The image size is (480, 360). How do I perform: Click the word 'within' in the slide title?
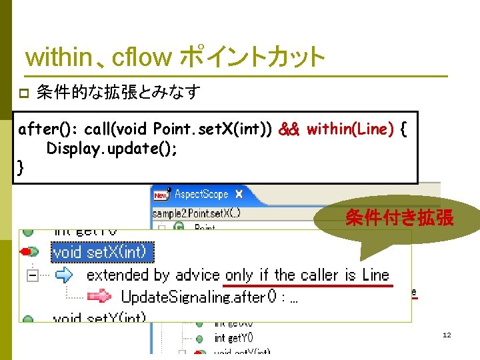coord(58,58)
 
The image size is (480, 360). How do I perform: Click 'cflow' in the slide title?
coord(142,58)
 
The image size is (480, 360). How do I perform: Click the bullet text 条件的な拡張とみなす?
coord(119,93)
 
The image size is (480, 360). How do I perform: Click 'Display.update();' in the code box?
coord(112,148)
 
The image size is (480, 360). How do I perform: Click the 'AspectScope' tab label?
coord(201,195)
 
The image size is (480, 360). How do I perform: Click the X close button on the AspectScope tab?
coord(239,195)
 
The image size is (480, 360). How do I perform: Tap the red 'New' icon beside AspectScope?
coord(161,195)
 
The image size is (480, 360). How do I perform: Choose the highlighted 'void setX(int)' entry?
coord(103,252)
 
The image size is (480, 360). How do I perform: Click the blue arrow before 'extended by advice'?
coord(65,274)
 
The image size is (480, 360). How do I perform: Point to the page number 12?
coord(447,335)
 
